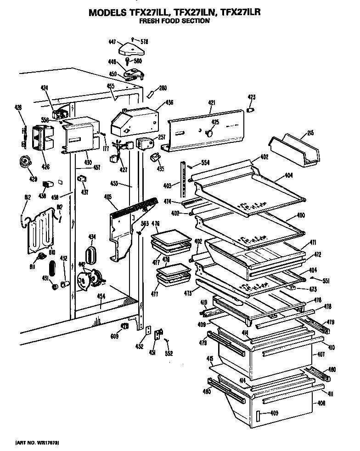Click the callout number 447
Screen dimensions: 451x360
(x=112, y=41)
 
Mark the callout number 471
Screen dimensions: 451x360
(x=313, y=242)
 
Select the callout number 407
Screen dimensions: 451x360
(x=321, y=355)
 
